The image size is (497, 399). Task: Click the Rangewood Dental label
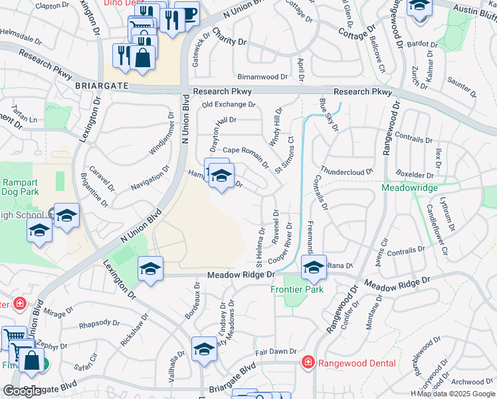(x=357, y=363)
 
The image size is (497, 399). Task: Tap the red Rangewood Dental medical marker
(x=308, y=363)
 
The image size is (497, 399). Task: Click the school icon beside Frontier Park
(x=313, y=268)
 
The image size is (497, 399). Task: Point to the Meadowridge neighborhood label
(x=409, y=188)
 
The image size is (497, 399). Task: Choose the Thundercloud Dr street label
(x=347, y=171)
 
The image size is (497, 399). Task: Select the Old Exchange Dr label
(x=229, y=104)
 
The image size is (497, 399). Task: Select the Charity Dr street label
(x=229, y=41)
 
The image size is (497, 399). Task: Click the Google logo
(x=22, y=391)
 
